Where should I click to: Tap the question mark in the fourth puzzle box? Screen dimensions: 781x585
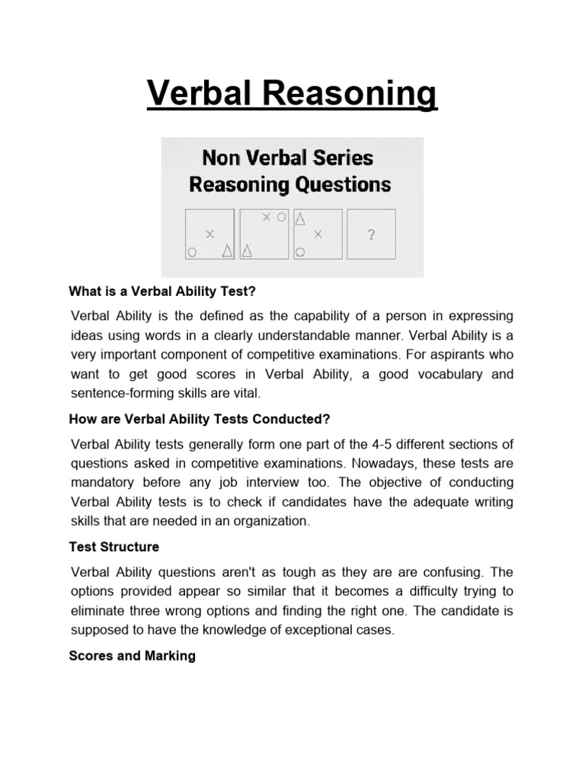click(x=371, y=235)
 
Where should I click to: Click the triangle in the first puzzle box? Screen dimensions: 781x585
click(x=227, y=250)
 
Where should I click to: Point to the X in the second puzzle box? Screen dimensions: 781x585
click(x=266, y=217)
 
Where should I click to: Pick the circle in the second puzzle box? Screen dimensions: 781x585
click(x=281, y=217)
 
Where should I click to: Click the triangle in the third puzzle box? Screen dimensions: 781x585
click(x=300, y=220)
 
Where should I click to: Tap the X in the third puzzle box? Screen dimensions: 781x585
click(x=318, y=234)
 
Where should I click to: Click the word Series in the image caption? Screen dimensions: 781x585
click(x=344, y=158)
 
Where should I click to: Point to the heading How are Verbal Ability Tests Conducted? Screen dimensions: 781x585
click(x=199, y=419)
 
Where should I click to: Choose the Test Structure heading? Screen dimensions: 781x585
click(x=114, y=547)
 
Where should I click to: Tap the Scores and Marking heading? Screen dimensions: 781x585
click(x=133, y=655)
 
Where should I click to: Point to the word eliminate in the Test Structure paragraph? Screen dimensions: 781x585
click(x=100, y=610)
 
